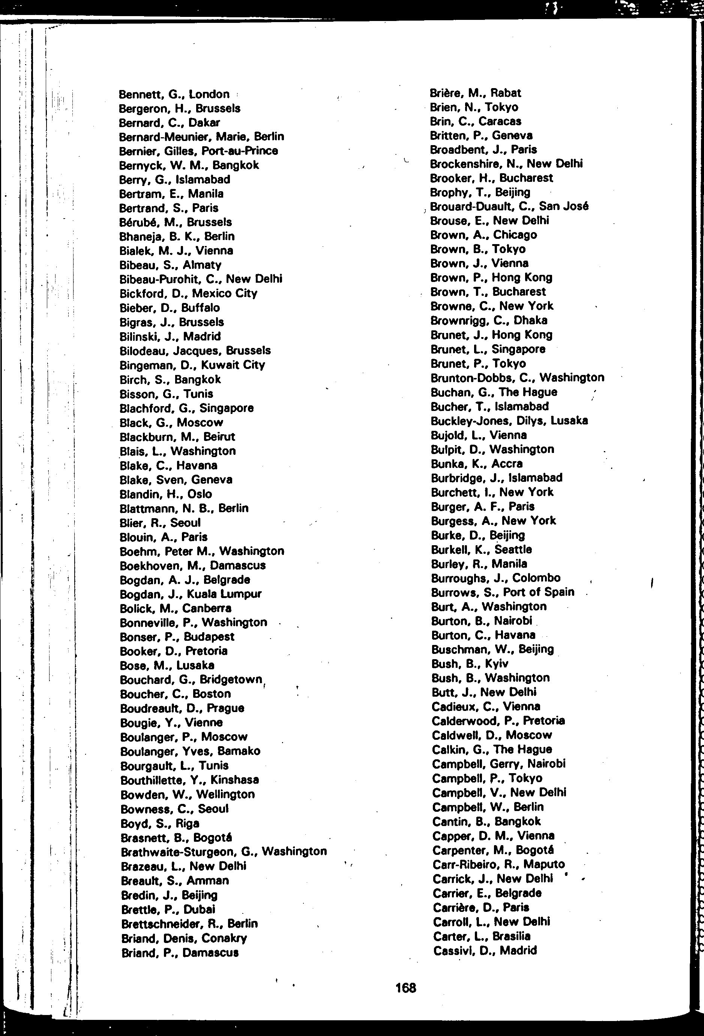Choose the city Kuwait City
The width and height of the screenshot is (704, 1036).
(233, 365)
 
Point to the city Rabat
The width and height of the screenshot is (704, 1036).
(506, 93)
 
